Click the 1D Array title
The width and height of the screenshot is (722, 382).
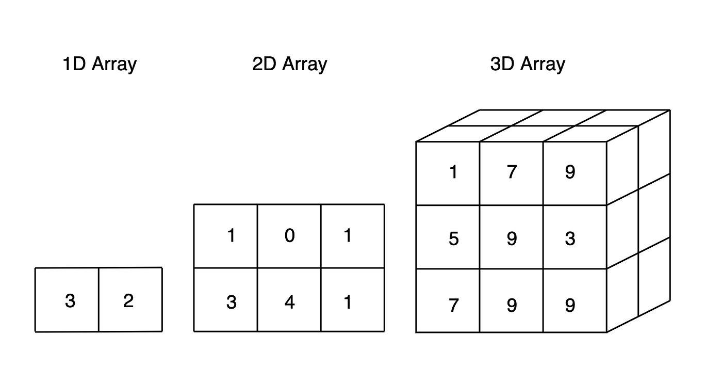tap(99, 65)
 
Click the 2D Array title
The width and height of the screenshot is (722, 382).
tap(289, 65)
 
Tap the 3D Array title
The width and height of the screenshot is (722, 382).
tap(527, 65)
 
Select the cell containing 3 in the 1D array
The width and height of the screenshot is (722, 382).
tap(70, 300)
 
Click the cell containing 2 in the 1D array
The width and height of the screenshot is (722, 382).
tap(128, 300)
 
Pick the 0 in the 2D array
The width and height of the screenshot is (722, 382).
tap(289, 236)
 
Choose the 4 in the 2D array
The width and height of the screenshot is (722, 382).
tap(289, 302)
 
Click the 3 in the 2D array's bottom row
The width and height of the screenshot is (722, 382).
tap(231, 302)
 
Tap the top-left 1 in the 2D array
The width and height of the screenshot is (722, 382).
tap(231, 236)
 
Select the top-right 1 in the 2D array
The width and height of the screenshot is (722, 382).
tap(348, 236)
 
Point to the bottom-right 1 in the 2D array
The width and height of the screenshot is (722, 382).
tap(348, 302)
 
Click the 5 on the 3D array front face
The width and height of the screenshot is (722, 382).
tap(453, 239)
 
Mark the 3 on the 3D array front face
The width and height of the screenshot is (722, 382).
tap(570, 239)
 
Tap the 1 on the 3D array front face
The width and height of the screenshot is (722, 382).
tap(453, 172)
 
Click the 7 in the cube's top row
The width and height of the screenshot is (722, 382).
tap(512, 172)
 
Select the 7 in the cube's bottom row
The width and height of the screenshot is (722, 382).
tap(453, 305)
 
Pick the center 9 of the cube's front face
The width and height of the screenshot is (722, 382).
tap(512, 239)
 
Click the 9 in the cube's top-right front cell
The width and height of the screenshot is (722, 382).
tap(570, 172)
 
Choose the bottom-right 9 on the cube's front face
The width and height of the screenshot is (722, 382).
tap(570, 305)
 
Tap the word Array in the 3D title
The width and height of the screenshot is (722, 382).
tap(543, 65)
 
